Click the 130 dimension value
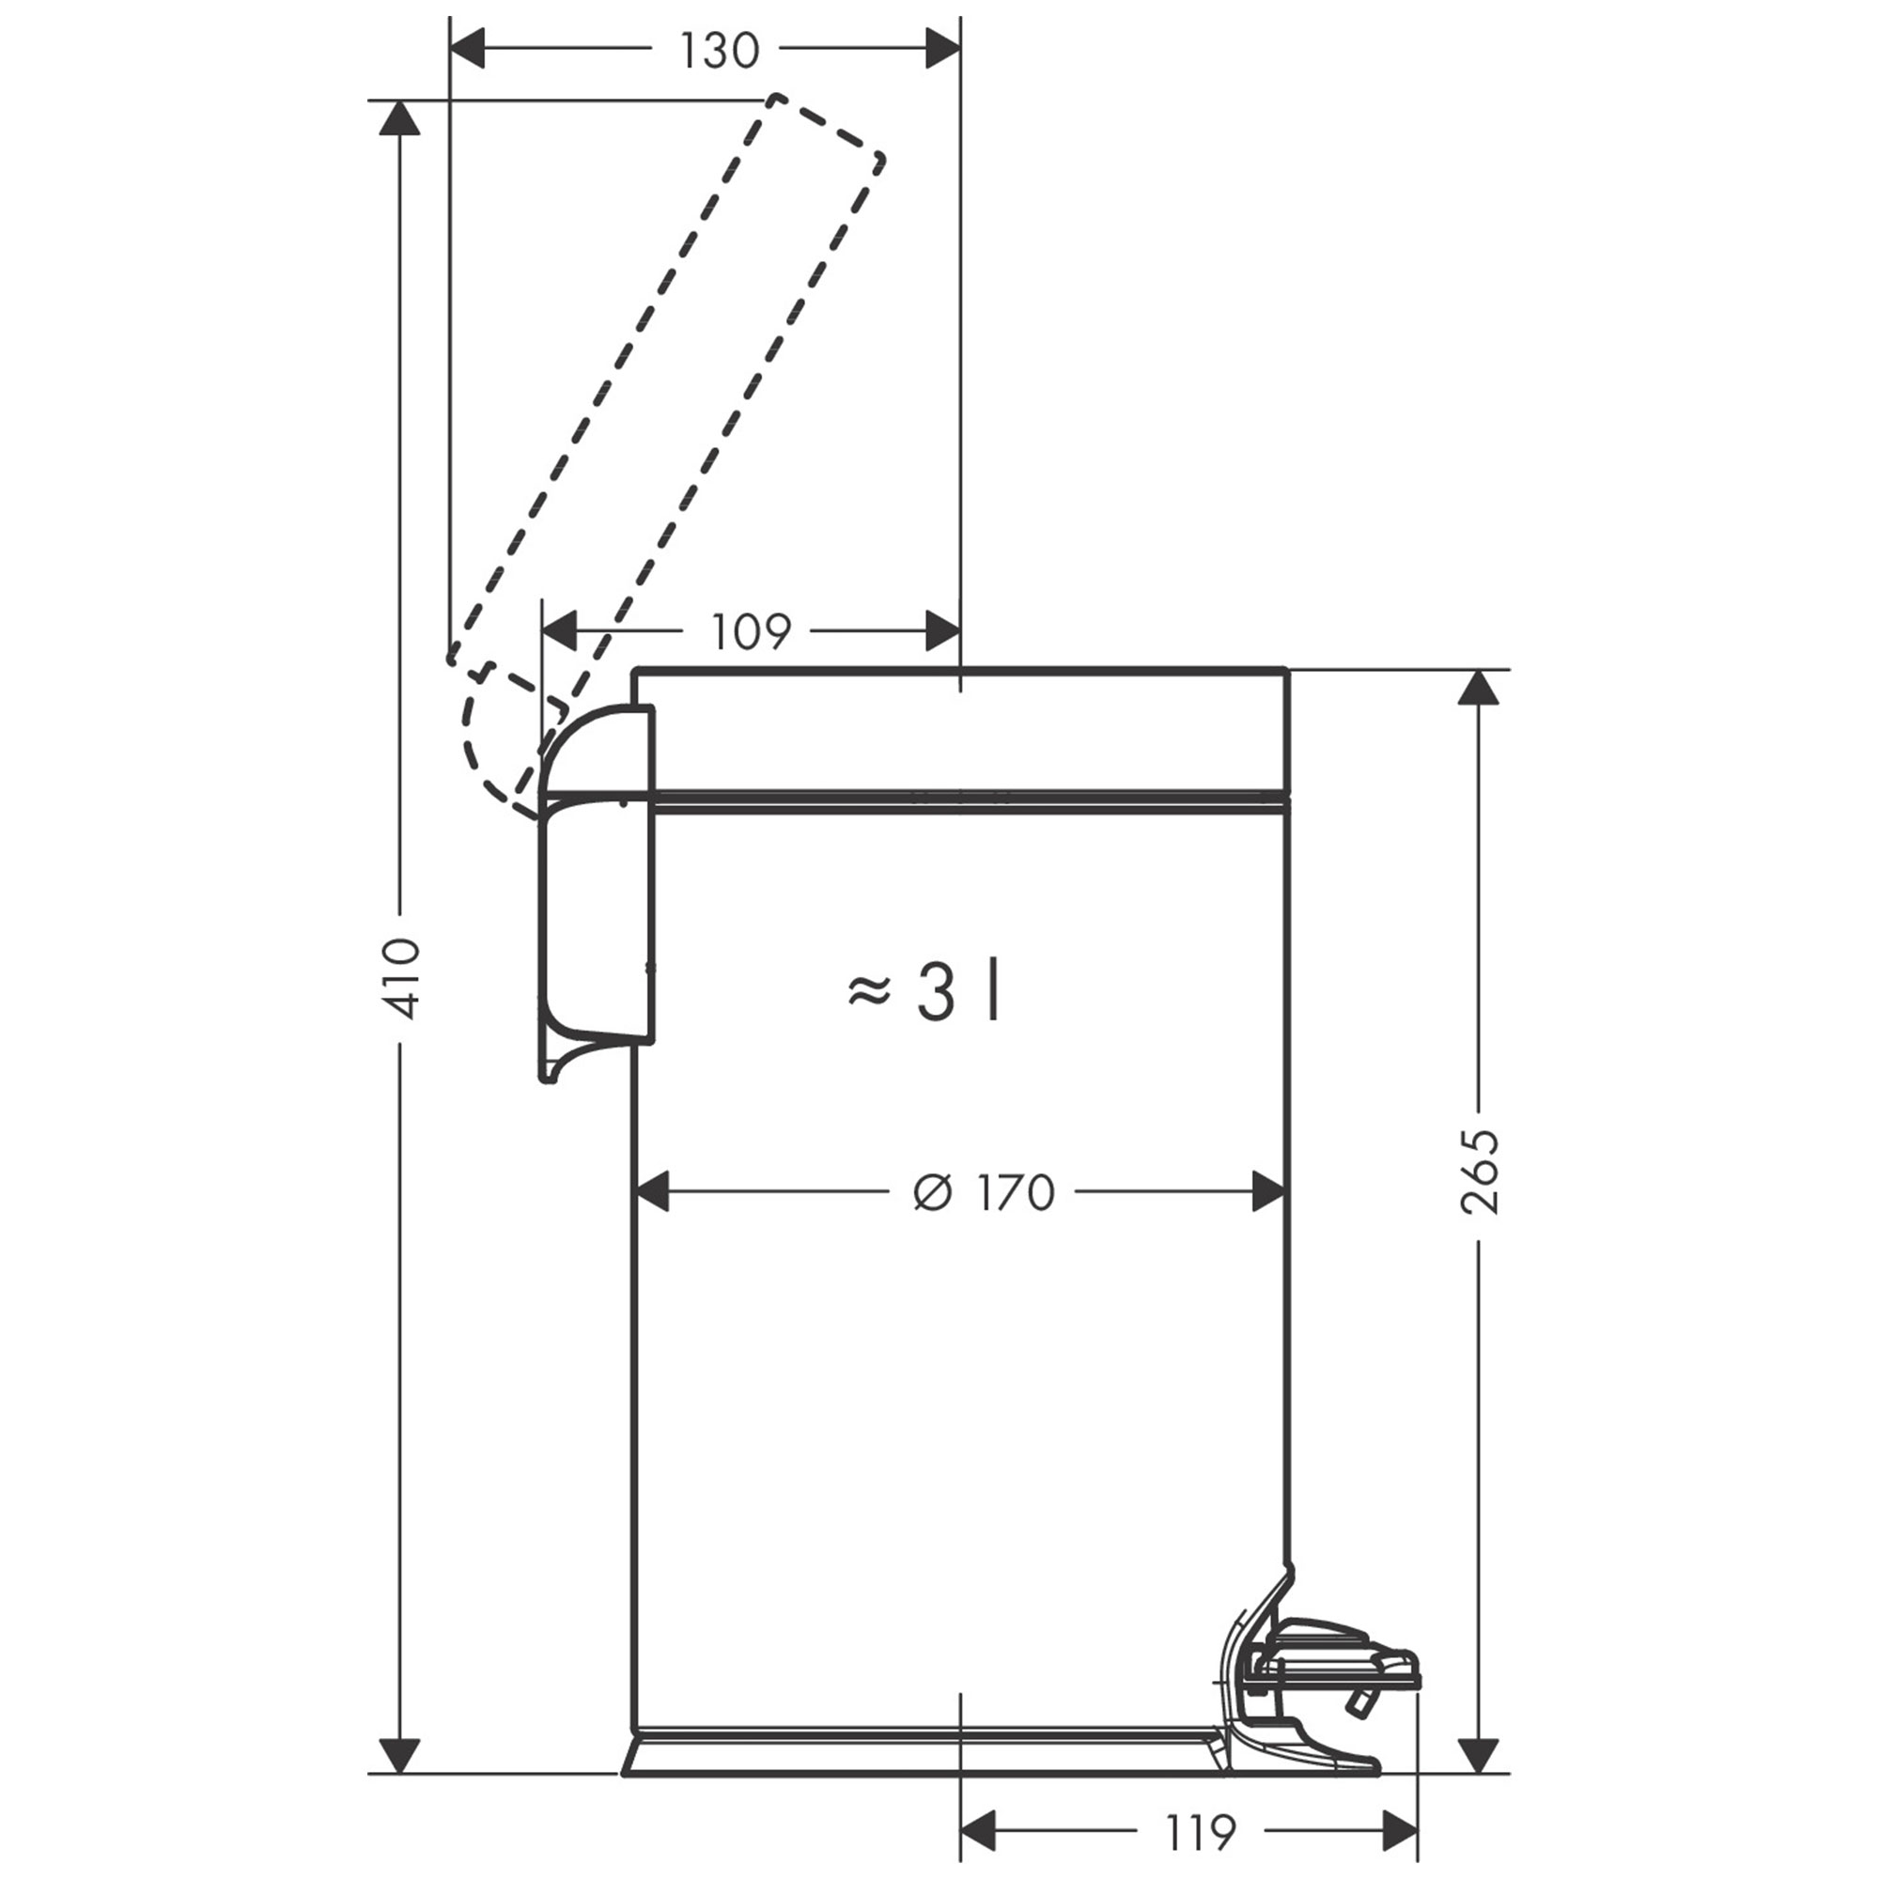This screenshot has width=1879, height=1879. pos(719,51)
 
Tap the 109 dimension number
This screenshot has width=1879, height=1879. pos(750,633)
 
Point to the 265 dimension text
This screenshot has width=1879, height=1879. pos(1481,1172)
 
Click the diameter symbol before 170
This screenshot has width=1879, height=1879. pos(933,1193)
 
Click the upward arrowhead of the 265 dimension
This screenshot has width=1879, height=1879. pos(1480,687)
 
